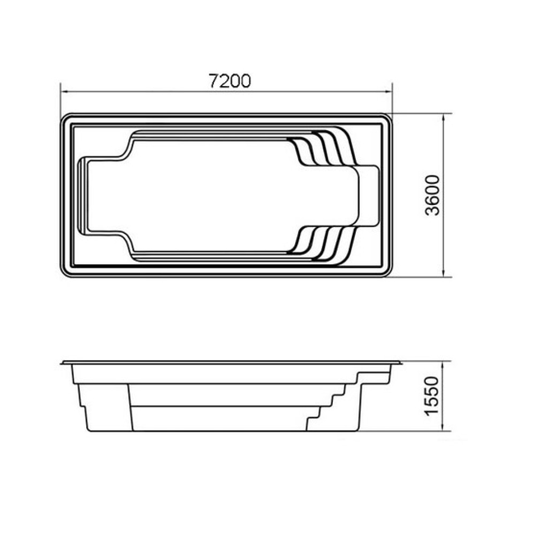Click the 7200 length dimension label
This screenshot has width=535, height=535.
(x=230, y=81)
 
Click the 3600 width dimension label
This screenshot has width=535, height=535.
(x=432, y=195)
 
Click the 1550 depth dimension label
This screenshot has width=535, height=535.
(x=432, y=396)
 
